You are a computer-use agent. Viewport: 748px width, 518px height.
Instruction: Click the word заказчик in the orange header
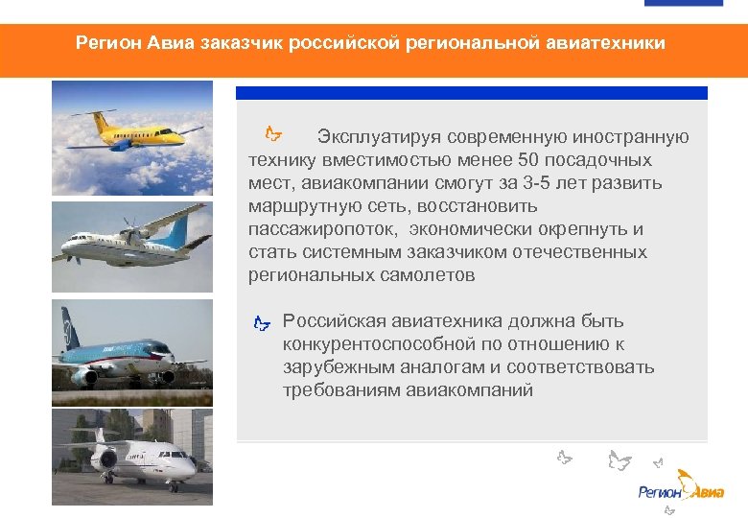238,44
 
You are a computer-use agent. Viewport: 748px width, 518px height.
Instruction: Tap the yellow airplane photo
131,138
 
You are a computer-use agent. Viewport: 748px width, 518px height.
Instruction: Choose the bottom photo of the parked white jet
131,457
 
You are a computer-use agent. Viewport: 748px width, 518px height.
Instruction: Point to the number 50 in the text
528,160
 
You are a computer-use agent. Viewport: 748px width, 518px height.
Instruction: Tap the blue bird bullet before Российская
262,323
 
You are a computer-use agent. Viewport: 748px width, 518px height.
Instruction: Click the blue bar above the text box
471,93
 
